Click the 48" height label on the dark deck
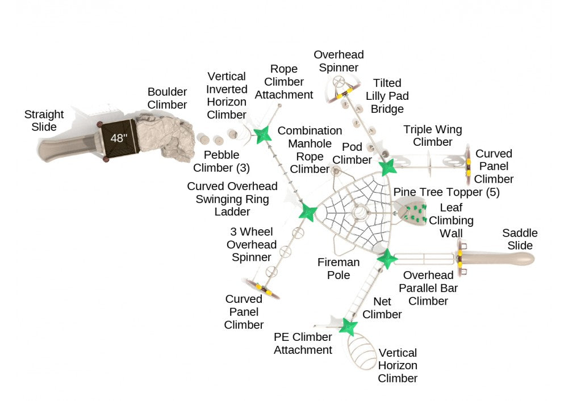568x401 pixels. click(118, 138)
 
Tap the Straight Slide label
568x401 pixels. click(44, 121)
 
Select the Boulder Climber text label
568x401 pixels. click(167, 98)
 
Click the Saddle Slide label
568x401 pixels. click(520, 239)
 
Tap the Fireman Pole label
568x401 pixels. click(339, 268)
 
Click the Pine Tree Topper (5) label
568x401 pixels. click(446, 192)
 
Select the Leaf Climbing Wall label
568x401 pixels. click(451, 220)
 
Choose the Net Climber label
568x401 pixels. click(382, 307)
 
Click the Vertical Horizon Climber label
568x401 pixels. click(398, 365)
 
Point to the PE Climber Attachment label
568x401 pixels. click(303, 344)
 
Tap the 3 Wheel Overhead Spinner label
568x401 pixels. click(252, 244)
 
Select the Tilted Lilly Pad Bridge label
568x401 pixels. click(387, 96)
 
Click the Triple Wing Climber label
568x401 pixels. click(428, 136)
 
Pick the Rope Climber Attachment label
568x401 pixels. click(283, 82)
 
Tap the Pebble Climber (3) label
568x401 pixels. click(222, 161)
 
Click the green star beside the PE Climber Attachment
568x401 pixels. click(348, 327)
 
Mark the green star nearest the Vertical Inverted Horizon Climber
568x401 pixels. click(262, 134)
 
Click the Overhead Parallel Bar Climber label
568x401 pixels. click(428, 288)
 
